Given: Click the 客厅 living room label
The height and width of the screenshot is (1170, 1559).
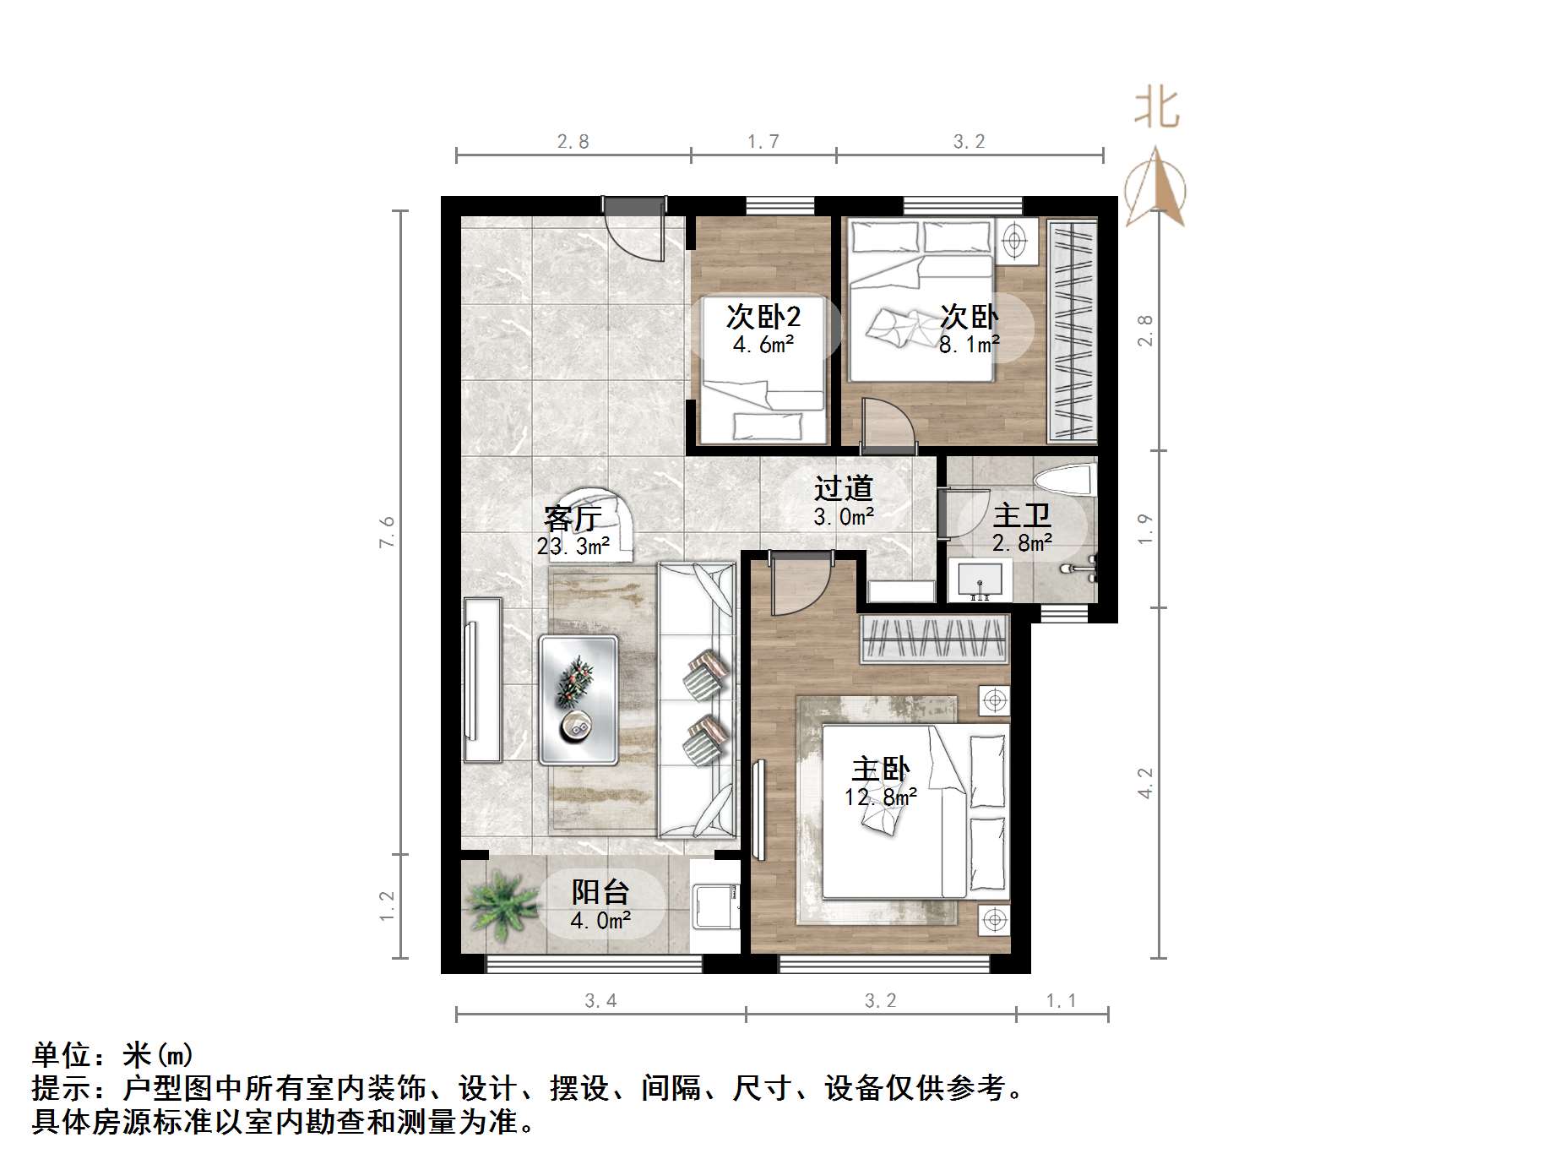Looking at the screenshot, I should [573, 519].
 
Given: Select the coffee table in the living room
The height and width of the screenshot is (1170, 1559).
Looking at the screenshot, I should [579, 699].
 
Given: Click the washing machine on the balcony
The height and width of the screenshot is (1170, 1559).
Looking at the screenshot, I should [715, 906].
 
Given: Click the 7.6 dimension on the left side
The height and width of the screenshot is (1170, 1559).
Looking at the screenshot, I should [388, 532].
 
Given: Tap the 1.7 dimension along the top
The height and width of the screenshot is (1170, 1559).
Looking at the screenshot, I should [763, 142].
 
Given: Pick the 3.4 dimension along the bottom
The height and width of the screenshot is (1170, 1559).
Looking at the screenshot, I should [600, 1001].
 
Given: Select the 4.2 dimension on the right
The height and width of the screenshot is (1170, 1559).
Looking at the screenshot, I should [1145, 782].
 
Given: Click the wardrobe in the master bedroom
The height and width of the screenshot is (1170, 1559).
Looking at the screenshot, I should [935, 639].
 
